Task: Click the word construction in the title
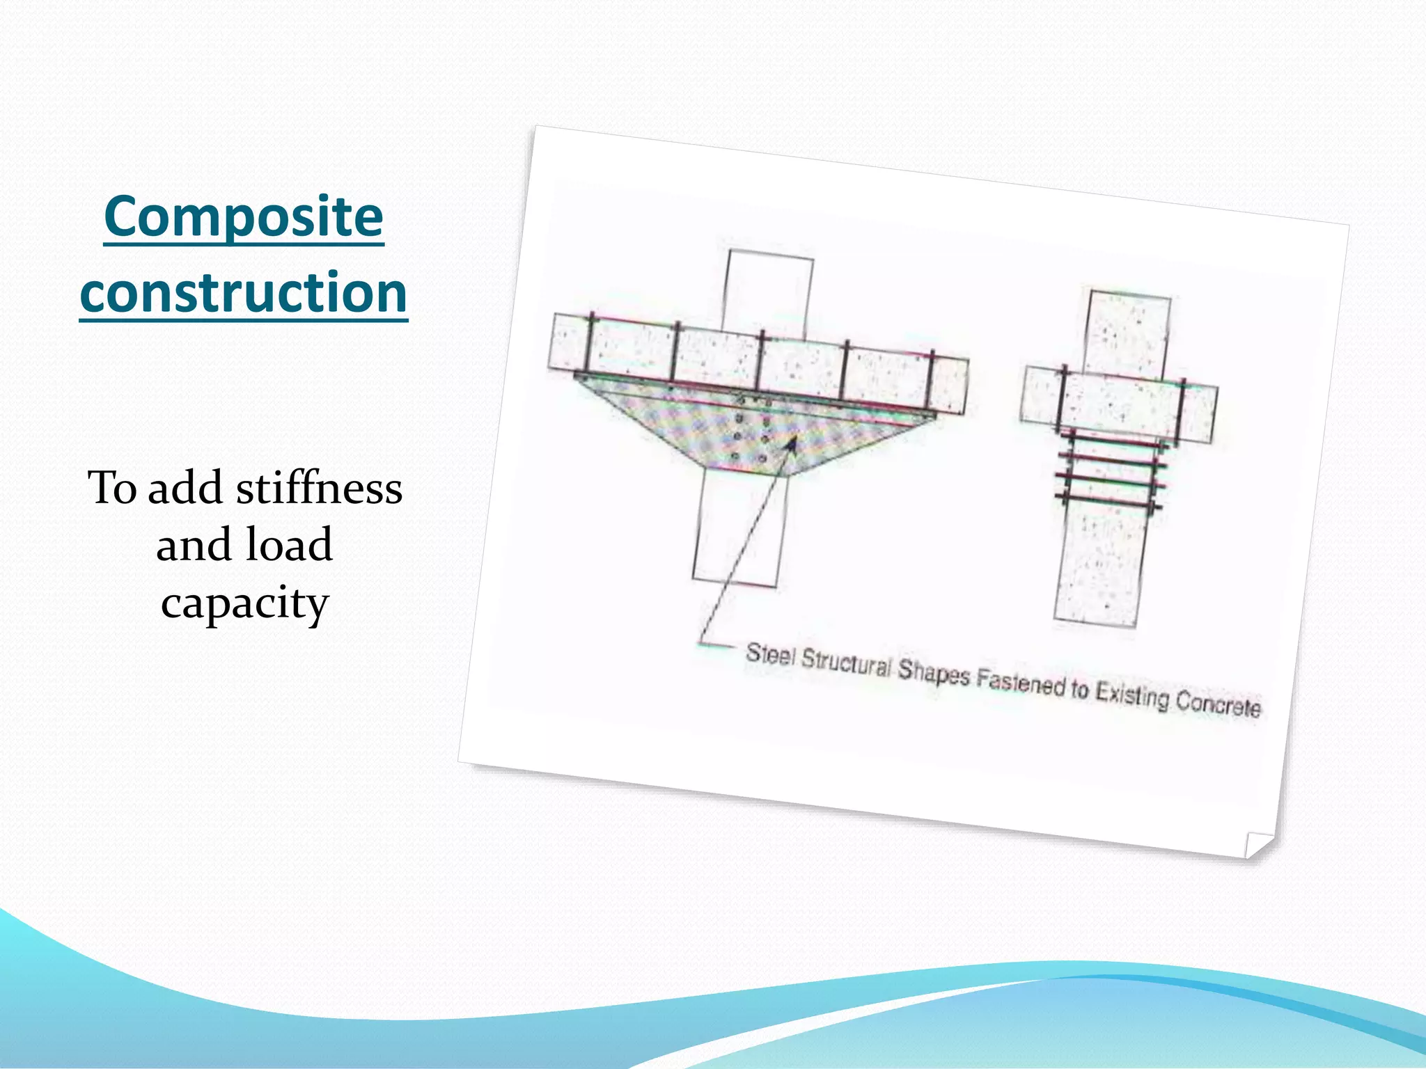click(x=244, y=293)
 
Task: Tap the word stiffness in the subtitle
click(x=319, y=489)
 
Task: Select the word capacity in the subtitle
click(x=244, y=603)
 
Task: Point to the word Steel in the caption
click(x=769, y=654)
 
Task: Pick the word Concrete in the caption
click(x=1219, y=705)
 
